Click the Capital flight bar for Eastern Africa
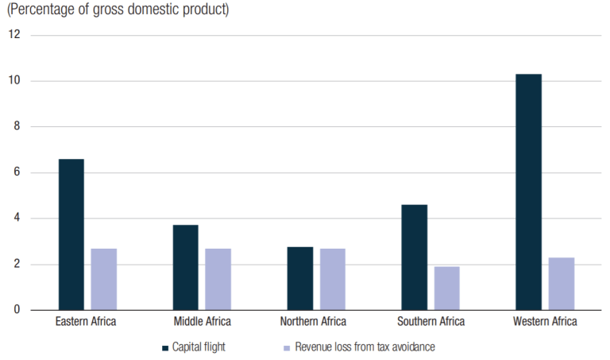(x=71, y=234)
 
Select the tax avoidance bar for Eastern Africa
(x=103, y=279)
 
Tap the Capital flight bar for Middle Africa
(x=185, y=267)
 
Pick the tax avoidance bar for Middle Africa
(x=218, y=279)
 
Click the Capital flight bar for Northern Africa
(x=299, y=278)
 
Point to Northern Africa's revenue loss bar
(x=332, y=279)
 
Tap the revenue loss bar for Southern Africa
(x=446, y=288)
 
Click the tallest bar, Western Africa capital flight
(x=528, y=192)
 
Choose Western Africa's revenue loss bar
(x=561, y=284)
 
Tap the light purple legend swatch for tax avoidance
(x=286, y=347)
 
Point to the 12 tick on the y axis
(x=14, y=35)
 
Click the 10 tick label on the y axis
(x=14, y=81)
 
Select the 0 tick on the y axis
(x=17, y=310)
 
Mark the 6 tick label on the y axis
(x=17, y=172)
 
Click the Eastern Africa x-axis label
(x=87, y=322)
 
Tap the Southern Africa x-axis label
(x=430, y=322)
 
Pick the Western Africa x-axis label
(x=545, y=322)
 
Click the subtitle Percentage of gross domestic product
(x=118, y=10)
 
